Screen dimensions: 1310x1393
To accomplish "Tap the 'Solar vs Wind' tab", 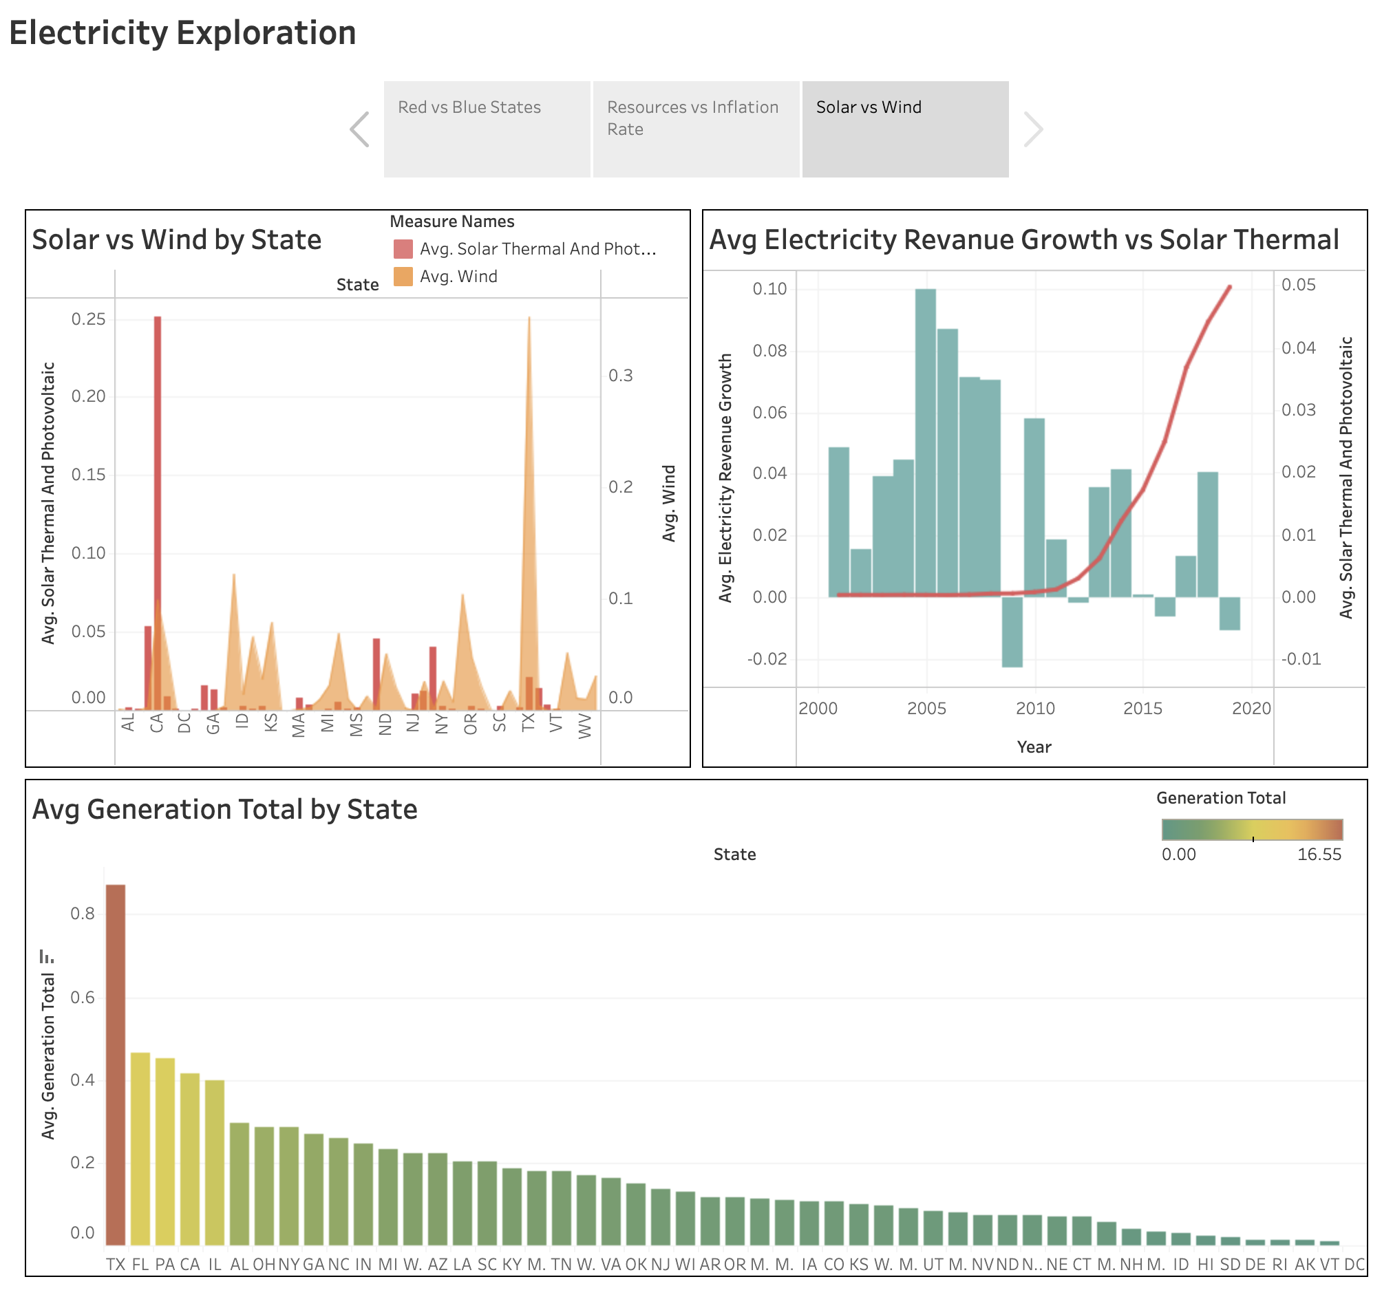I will [904, 129].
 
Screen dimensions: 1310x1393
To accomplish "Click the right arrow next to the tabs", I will [1033, 129].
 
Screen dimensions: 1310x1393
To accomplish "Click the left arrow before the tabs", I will [359, 129].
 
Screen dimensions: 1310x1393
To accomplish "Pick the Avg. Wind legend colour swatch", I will [403, 277].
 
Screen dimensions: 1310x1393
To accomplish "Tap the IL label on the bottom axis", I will [215, 1265].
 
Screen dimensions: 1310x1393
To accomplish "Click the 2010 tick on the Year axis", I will [1035, 708].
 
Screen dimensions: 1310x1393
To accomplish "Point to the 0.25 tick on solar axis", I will [88, 319].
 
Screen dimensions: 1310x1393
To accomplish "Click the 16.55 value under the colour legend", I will [1319, 855].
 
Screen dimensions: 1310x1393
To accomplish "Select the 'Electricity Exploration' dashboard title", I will [182, 33].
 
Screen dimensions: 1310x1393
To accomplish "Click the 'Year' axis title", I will [1034, 747].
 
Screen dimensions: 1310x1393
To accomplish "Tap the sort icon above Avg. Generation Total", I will [47, 956].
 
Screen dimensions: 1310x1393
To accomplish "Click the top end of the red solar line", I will [1230, 287].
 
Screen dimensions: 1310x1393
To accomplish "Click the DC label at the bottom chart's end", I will [1354, 1265].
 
